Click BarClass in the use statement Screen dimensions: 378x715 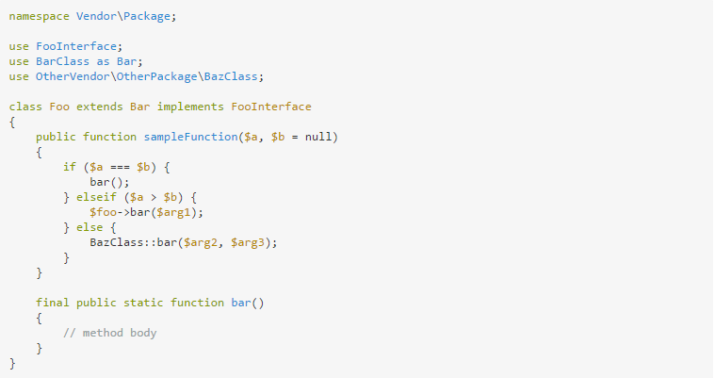pyautogui.click(x=62, y=61)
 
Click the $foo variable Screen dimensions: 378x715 pyautogui.click(x=106, y=212)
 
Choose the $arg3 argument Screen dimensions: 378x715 pyautogui.click(x=251, y=242)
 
